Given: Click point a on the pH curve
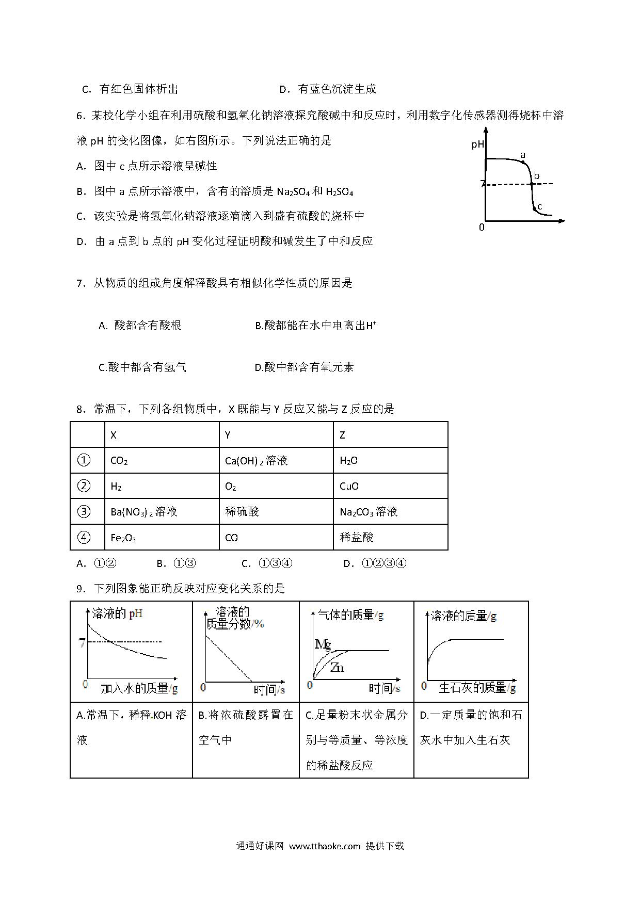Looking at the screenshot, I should click(x=523, y=162).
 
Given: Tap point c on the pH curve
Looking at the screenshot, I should click(x=534, y=209).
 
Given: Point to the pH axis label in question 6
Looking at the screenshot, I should click(x=477, y=144).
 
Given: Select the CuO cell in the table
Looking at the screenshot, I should click(x=349, y=486).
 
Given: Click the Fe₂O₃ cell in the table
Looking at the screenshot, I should click(x=123, y=538).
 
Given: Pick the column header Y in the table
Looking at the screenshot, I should click(x=228, y=435).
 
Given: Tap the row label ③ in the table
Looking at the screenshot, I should click(x=84, y=511).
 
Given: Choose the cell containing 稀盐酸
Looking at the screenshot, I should click(x=357, y=537).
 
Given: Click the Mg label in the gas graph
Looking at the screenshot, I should click(x=322, y=643).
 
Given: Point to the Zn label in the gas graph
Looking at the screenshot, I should click(x=337, y=668).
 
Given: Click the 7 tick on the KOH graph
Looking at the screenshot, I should click(x=81, y=643).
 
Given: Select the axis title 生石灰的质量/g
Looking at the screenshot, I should click(x=477, y=688).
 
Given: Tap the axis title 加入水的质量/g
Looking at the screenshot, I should click(x=139, y=688).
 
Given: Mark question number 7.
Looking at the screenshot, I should click(x=80, y=283).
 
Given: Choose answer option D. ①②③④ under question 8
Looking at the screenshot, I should click(x=375, y=563).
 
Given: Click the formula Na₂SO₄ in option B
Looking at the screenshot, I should click(x=292, y=191).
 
